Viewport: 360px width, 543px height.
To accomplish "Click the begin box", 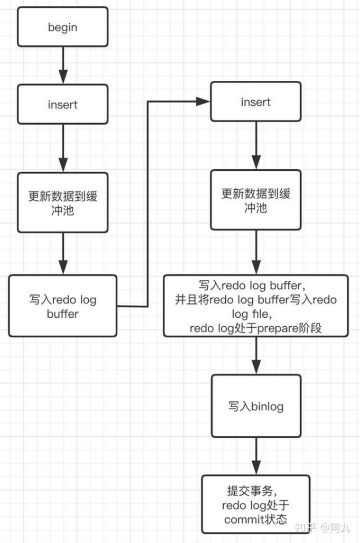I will point(62,27).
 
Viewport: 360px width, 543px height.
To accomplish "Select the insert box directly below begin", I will point(62,105).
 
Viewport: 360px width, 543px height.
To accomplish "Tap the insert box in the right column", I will point(256,102).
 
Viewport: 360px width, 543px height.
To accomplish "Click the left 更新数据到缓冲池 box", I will point(62,203).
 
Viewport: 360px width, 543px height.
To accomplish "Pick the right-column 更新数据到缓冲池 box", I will point(256,200).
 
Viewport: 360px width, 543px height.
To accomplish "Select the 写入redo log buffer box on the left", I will point(62,306).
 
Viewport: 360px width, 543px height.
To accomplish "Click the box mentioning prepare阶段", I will point(256,306).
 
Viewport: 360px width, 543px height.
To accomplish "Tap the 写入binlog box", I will point(256,406).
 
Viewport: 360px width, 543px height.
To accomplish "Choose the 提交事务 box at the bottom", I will point(256,504).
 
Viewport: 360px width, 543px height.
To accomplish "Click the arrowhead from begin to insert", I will point(62,77).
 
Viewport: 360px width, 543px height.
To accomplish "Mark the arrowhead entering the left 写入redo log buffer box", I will point(62,268).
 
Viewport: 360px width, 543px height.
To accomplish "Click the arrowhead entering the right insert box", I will point(204,100).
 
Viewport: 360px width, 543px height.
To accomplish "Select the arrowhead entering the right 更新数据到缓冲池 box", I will point(256,162).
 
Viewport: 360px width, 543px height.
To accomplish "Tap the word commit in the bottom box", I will point(241,519).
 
